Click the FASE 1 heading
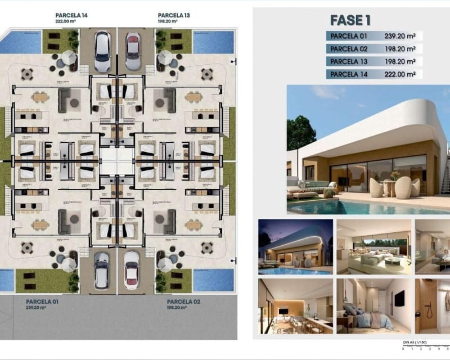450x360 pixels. click(350, 20)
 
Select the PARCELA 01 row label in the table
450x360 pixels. click(347, 37)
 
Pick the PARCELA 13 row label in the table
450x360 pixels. click(347, 61)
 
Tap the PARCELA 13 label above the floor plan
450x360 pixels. click(174, 15)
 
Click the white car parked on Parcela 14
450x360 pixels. click(102, 51)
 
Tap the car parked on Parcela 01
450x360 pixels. click(102, 271)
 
